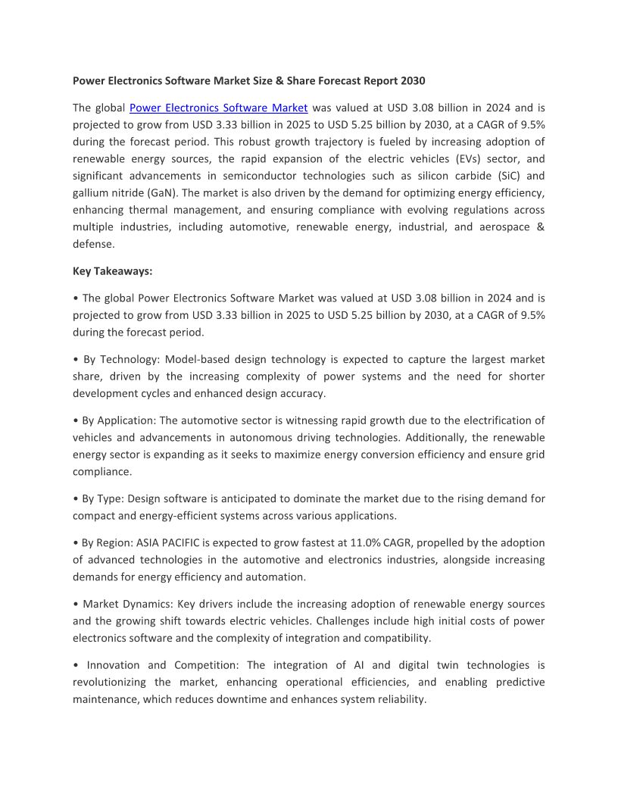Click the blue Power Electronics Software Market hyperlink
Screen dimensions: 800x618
tap(218, 108)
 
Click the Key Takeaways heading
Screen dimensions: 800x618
tap(112, 270)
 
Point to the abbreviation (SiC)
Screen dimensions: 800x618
tap(501, 176)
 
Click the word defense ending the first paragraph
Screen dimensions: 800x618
tap(93, 244)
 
